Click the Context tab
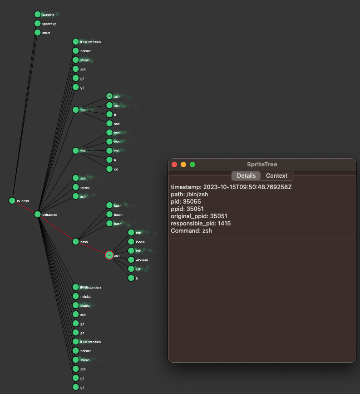[x=276, y=176]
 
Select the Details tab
[x=246, y=176]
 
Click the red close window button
[x=174, y=165]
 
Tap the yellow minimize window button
[x=183, y=165]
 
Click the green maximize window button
[x=192, y=165]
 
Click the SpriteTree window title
[x=262, y=165]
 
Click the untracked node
[x=38, y=214]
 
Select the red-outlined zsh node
[x=109, y=255]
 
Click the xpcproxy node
[x=38, y=24]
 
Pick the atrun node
[x=38, y=33]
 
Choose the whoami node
[x=131, y=260]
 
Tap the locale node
[x=131, y=242]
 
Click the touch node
[x=109, y=214]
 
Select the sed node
[x=109, y=124]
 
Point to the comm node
[x=76, y=187]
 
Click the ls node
[x=131, y=278]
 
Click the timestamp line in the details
[x=231, y=187]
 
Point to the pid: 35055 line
[x=186, y=202]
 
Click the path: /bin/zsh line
[x=189, y=195]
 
